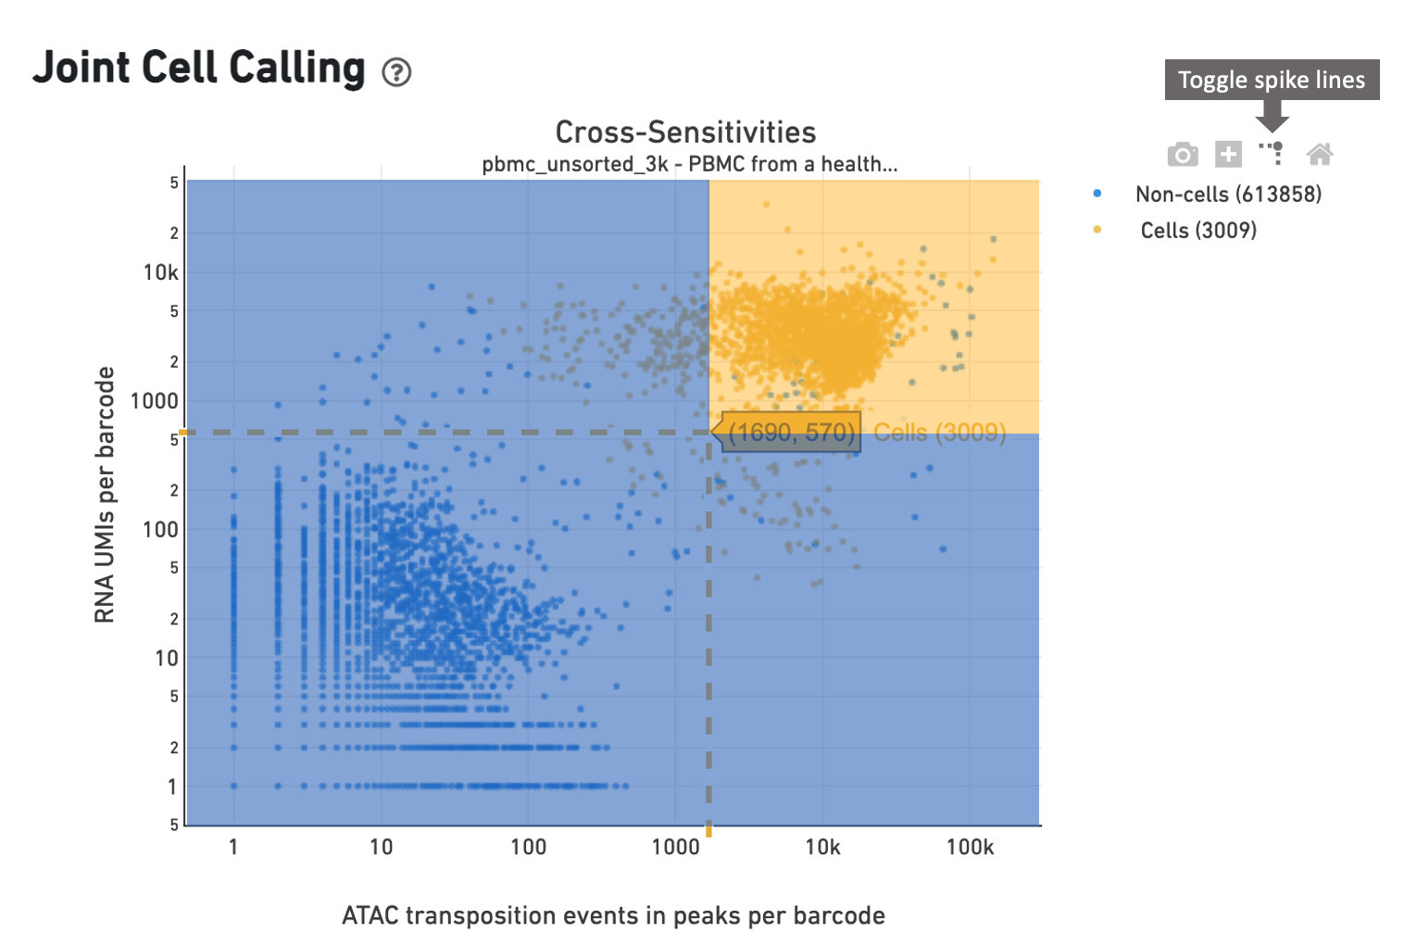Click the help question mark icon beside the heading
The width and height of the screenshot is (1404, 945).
click(396, 71)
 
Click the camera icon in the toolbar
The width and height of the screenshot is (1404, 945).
click(1183, 154)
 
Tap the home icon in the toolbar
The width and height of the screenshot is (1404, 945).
click(1320, 154)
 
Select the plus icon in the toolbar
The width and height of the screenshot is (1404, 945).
click(1228, 154)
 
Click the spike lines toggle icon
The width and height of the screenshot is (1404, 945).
click(1272, 153)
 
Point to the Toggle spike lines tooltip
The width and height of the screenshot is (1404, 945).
click(1272, 80)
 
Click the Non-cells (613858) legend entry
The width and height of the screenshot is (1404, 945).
click(1228, 195)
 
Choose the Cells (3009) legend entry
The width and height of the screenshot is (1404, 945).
click(1197, 231)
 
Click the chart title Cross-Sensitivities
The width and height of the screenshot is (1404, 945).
click(685, 132)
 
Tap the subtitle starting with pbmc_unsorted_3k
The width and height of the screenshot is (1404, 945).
click(689, 165)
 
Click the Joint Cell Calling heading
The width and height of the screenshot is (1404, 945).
click(199, 69)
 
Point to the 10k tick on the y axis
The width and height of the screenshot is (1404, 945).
click(160, 272)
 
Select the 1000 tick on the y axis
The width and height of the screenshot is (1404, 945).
click(154, 401)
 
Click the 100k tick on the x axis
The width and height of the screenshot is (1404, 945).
click(970, 847)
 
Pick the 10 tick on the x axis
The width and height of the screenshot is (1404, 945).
click(381, 847)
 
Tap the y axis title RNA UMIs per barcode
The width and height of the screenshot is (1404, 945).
click(105, 495)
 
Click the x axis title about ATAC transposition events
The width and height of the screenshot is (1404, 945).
click(613, 915)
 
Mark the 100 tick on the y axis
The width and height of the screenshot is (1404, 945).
click(160, 530)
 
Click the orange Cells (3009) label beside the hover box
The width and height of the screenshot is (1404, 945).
click(939, 433)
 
